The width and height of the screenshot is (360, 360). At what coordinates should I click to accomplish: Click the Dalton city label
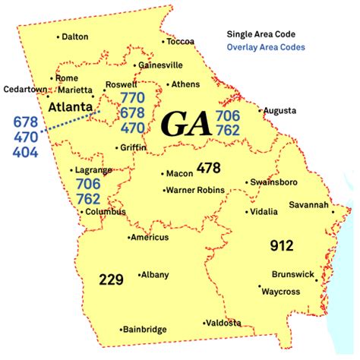click(75, 36)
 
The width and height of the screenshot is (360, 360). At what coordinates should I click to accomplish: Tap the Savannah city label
click(308, 205)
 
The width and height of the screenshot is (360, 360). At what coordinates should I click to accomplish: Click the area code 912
click(281, 245)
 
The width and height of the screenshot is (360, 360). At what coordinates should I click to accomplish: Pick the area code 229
click(111, 279)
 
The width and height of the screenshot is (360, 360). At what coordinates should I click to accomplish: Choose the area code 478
click(208, 166)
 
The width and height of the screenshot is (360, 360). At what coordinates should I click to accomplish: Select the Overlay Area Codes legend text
click(266, 47)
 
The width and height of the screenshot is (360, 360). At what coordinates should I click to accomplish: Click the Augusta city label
click(279, 111)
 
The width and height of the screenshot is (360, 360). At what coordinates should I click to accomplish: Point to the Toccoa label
click(180, 41)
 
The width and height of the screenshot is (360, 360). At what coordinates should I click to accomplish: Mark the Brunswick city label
click(292, 275)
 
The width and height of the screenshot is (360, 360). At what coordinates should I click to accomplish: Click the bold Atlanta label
click(69, 108)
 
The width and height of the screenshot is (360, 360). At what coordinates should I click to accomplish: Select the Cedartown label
click(25, 88)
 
